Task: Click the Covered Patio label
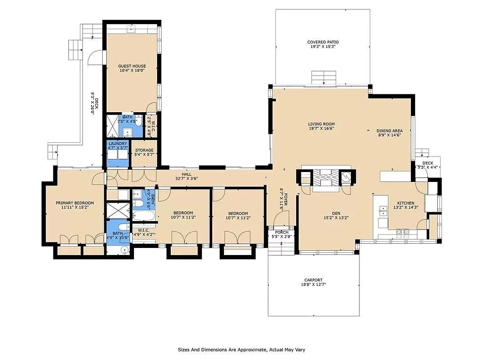323,42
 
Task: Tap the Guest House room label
132,66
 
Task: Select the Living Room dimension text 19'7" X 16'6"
321,129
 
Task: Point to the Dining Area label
389,131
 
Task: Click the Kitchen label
406,203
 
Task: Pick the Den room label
336,214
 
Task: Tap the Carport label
313,280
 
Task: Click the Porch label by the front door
282,232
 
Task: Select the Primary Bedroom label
75,203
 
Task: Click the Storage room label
144,150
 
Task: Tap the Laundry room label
117,144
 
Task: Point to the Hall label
186,174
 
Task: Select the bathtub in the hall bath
144,216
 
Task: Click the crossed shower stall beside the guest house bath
112,126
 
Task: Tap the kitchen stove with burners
403,232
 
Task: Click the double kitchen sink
383,211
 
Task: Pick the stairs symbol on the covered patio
324,77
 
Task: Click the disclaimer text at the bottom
241,350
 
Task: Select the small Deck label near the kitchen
427,163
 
